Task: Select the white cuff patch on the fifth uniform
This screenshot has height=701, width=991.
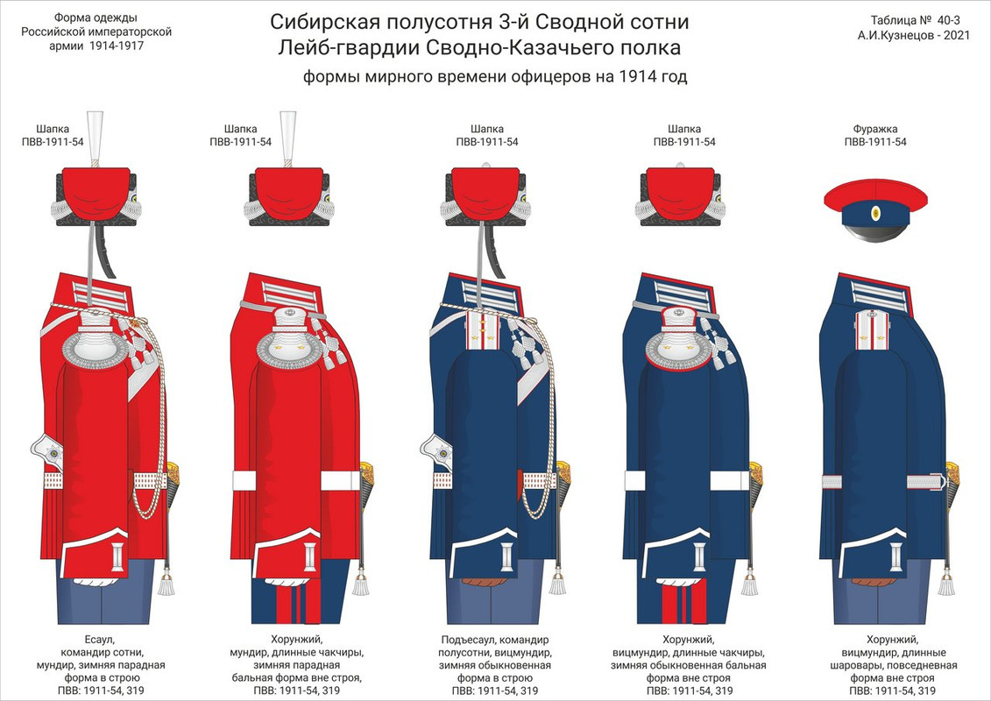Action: pos(895,553)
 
